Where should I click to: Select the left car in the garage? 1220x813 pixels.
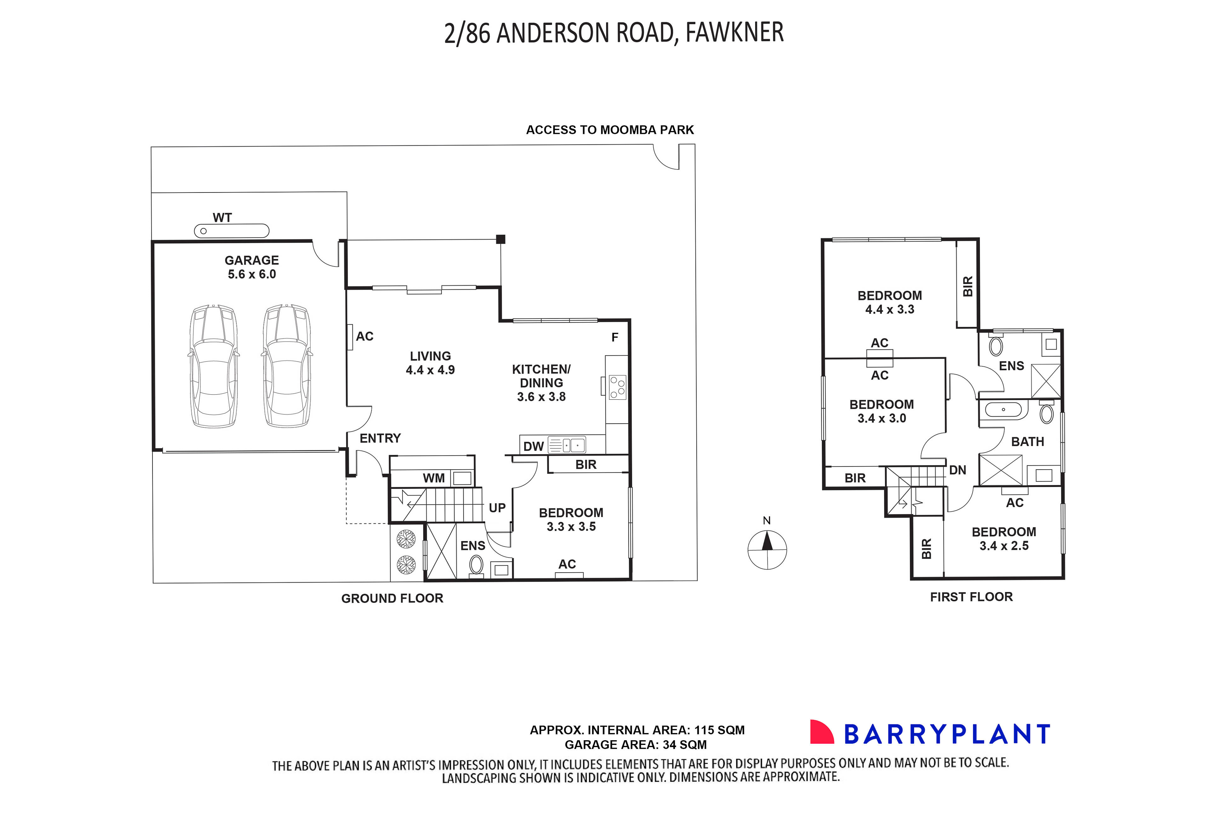click(x=214, y=366)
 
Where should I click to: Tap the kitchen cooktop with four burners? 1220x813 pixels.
click(x=617, y=387)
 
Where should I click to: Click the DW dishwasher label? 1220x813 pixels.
click(x=533, y=446)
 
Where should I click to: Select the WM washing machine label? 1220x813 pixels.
click(x=434, y=478)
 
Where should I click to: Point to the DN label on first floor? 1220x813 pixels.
click(x=957, y=470)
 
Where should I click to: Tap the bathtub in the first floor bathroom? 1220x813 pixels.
click(x=1003, y=409)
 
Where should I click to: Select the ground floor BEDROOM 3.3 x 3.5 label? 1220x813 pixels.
click(x=571, y=519)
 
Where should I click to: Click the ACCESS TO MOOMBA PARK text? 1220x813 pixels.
click(x=610, y=130)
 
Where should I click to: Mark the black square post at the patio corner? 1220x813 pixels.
click(x=500, y=239)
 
